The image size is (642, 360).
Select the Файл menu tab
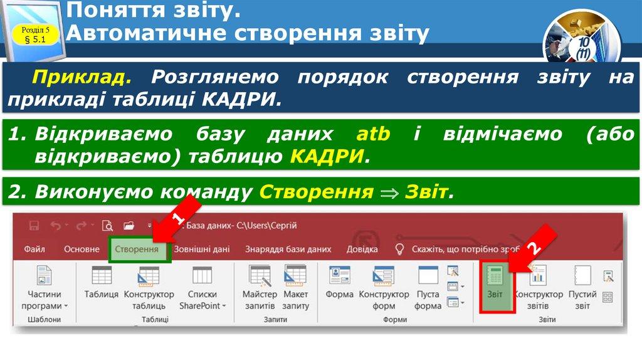pyautogui.click(x=34, y=249)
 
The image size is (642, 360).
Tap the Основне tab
pyautogui.click(x=82, y=249)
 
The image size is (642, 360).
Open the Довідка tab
pyautogui.click(x=362, y=249)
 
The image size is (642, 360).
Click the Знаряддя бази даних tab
pyautogui.click(x=288, y=249)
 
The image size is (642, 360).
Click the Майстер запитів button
pyautogui.click(x=260, y=286)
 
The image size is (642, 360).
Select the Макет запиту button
pyautogui.click(x=295, y=286)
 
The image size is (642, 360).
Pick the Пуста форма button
pyautogui.click(x=428, y=286)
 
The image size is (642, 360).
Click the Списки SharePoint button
pyautogui.click(x=203, y=286)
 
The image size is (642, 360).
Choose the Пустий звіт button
pyautogui.click(x=582, y=286)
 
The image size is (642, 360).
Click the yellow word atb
pyautogui.click(x=373, y=134)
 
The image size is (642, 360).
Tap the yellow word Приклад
pyautogui.click(x=82, y=77)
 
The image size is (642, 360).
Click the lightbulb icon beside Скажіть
pyautogui.click(x=398, y=249)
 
